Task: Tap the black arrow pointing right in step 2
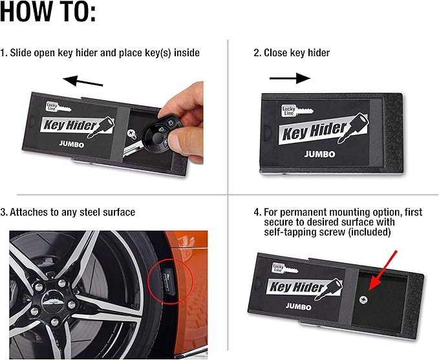pos(290,78)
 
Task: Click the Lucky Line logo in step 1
pos(52,105)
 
